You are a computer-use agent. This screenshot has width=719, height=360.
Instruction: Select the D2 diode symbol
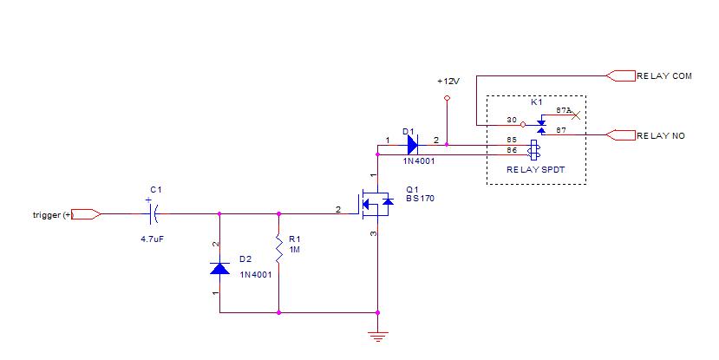219,268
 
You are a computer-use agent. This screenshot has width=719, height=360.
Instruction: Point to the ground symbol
378,337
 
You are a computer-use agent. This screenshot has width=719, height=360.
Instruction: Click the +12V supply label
448,81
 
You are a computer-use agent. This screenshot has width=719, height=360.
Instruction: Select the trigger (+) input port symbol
87,213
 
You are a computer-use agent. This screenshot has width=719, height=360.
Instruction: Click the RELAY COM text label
663,76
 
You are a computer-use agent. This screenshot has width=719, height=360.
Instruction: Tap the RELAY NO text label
661,135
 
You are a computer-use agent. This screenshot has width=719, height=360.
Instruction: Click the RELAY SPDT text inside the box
536,171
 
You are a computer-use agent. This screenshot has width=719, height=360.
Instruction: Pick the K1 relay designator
536,101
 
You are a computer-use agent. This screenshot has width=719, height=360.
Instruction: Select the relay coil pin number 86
512,149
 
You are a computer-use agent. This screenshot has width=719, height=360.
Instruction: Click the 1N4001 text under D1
420,161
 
